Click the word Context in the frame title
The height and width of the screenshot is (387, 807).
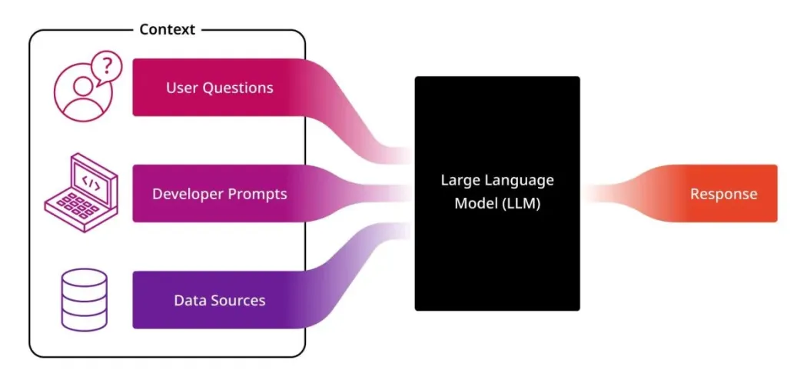(x=168, y=30)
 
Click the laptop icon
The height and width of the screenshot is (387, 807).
(x=81, y=189)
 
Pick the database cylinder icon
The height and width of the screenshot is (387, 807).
(x=84, y=299)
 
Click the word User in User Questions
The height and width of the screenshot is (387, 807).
(x=182, y=88)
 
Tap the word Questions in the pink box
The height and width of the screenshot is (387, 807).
(x=237, y=88)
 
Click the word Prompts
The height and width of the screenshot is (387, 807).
(x=255, y=194)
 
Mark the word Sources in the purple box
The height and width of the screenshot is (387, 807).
(x=237, y=300)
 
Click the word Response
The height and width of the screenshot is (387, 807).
(x=723, y=194)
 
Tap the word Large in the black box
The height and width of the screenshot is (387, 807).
(x=460, y=181)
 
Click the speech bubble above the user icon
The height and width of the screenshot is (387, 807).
(x=107, y=68)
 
